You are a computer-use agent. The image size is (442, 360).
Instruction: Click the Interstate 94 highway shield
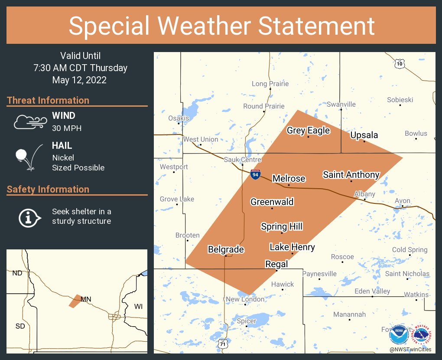point(256,174)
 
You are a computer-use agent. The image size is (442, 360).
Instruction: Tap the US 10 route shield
point(399,64)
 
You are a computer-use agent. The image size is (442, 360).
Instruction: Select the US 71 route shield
point(222,343)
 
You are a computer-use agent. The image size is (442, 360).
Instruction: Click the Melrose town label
point(289,178)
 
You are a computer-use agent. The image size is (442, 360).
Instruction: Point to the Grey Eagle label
point(308,131)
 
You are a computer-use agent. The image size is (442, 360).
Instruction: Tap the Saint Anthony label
point(351,175)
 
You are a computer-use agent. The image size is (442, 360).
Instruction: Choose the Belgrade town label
point(226,249)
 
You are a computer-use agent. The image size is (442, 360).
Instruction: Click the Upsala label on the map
point(364,135)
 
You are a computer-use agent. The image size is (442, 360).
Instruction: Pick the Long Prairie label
point(270,84)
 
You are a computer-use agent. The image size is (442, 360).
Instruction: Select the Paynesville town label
point(319,274)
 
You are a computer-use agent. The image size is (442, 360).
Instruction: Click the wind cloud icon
point(29,122)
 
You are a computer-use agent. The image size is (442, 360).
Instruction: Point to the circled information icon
point(29,217)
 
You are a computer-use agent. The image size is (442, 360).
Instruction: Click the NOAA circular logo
point(398,335)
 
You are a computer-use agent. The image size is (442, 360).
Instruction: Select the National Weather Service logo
point(422,334)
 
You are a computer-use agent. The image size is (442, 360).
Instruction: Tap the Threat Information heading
point(48,100)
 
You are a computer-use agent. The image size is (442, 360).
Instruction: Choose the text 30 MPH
point(67,128)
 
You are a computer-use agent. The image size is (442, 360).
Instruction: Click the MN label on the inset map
point(86,299)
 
